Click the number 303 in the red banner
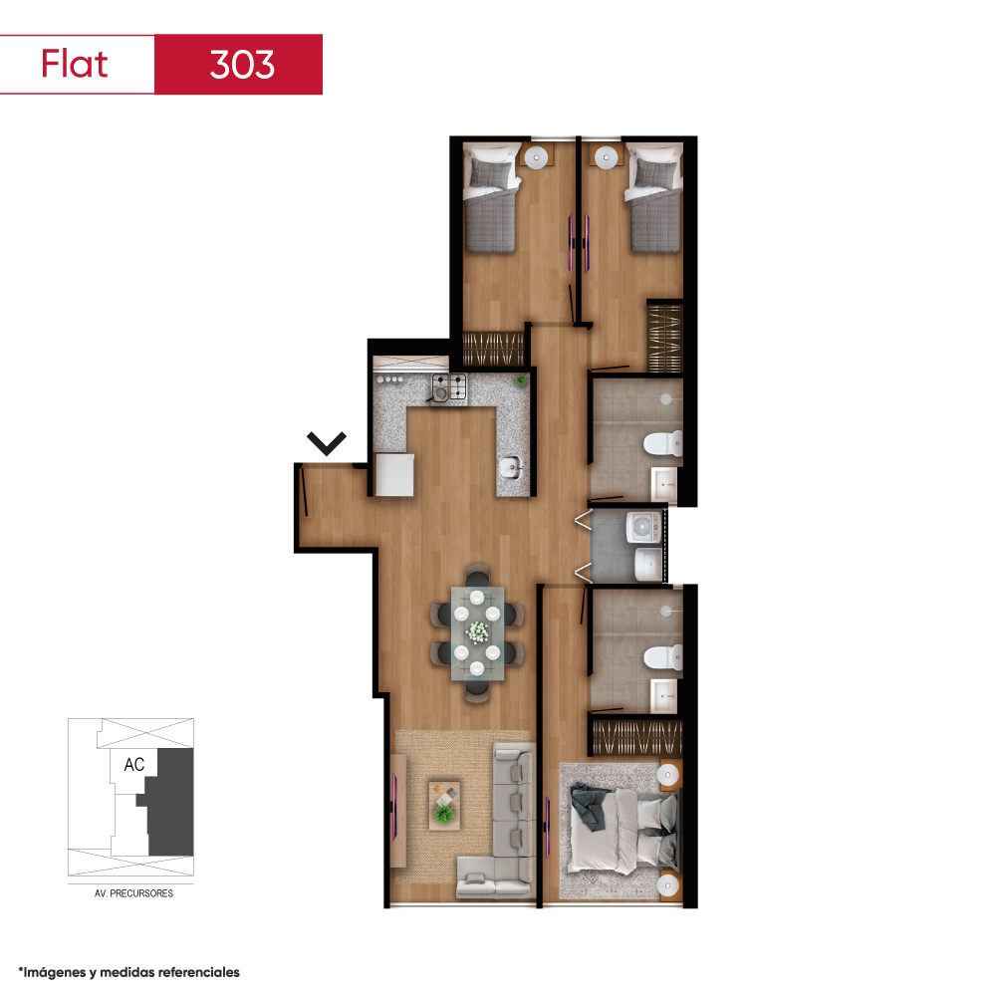(242, 64)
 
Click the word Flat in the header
(75, 64)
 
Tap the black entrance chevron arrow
(327, 443)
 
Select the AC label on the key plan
(134, 764)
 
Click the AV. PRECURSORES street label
(133, 893)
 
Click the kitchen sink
(511, 468)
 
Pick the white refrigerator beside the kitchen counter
(394, 474)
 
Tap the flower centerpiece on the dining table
(477, 632)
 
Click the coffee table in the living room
(444, 805)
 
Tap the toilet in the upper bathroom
(663, 443)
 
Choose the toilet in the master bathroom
(663, 657)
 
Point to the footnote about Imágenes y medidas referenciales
(128, 972)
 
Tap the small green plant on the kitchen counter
(521, 380)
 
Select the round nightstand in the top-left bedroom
(536, 157)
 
